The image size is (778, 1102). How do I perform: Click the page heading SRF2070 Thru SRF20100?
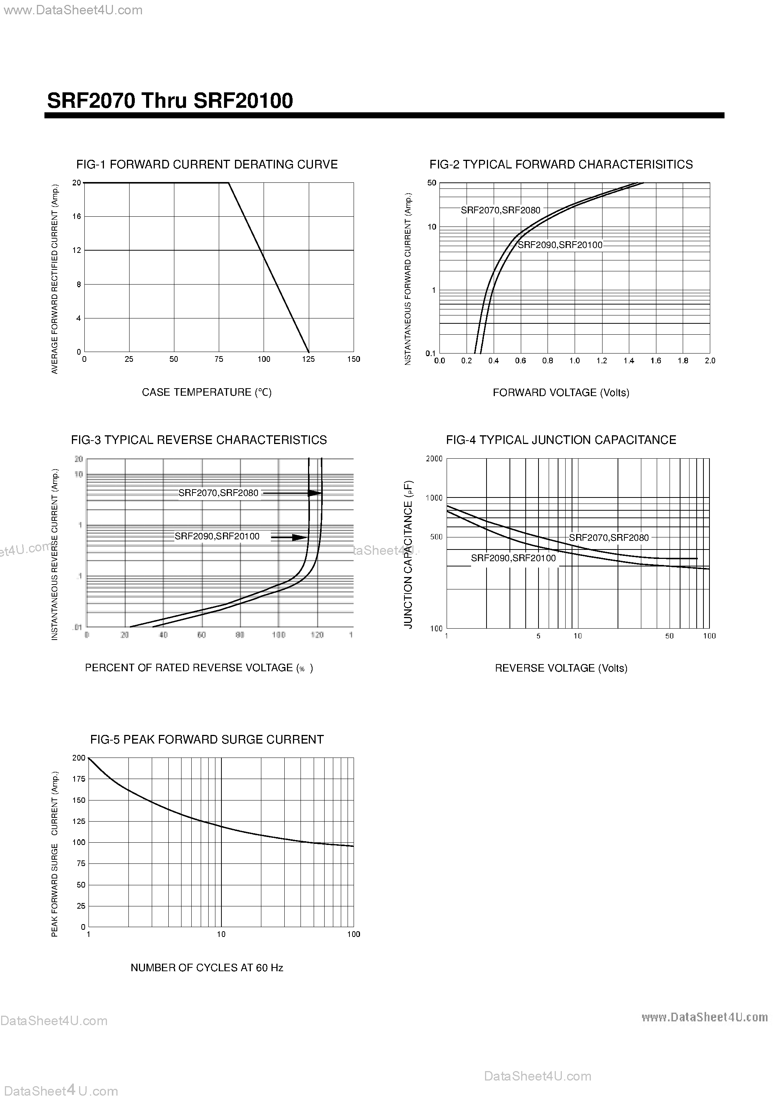pos(170,101)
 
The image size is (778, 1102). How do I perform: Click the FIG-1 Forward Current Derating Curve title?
pos(207,165)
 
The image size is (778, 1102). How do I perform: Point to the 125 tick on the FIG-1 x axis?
pos(308,359)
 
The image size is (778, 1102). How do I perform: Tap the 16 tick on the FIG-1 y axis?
pos(77,216)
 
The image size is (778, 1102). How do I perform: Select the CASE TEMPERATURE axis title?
pos(207,392)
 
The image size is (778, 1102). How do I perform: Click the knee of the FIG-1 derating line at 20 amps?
pos(228,183)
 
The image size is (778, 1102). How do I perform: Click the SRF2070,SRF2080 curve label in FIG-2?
pos(500,210)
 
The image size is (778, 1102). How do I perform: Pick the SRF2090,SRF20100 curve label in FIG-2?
pos(560,245)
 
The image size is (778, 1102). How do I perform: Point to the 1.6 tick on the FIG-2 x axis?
pos(656,360)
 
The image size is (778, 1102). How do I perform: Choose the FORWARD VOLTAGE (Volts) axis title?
pos(561,393)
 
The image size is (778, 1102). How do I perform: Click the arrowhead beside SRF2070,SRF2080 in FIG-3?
pos(315,493)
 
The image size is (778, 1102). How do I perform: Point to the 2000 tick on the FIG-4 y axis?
pos(434,459)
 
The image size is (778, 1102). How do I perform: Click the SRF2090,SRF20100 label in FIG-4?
pos(513,558)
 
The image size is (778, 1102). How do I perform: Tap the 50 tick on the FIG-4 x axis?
pos(669,636)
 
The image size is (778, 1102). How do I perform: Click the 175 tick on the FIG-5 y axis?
pos(79,779)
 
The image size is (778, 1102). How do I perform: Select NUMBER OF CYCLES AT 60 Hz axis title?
pos(207,967)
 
